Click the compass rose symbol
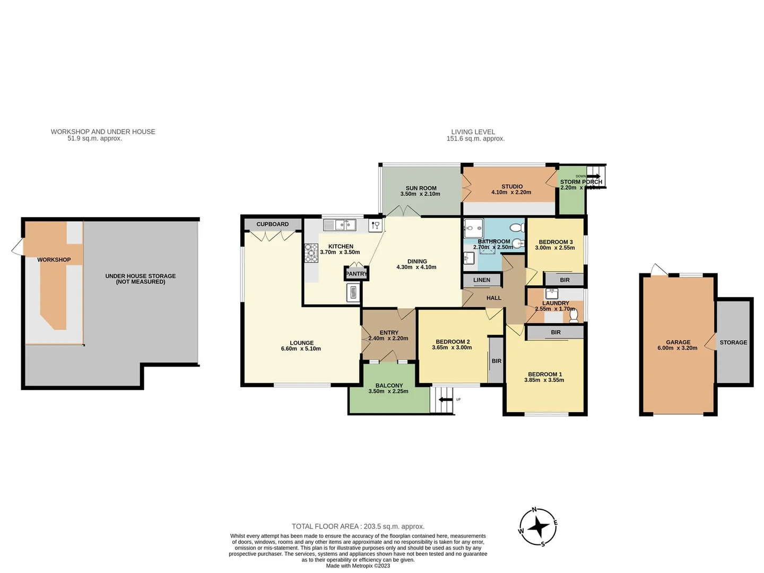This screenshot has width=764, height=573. tap(538, 527)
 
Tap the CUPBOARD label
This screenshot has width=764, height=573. tap(272, 224)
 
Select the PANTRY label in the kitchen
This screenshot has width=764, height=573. tap(356, 274)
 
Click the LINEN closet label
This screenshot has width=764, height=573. tap(482, 280)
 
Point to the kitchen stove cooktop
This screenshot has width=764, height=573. tap(310, 253)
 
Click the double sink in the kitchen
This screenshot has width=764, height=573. tap(345, 225)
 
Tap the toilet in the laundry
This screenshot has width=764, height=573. tap(574, 316)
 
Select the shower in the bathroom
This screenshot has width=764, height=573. tap(473, 228)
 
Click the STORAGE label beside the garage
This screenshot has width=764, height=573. tap(733, 343)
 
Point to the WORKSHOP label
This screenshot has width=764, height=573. tap(54, 260)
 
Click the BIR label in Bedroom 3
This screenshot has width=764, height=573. tap(565, 280)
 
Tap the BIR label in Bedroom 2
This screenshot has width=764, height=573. tap(496, 361)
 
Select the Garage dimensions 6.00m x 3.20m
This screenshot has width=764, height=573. tap(678, 348)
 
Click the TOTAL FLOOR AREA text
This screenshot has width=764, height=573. tap(358, 527)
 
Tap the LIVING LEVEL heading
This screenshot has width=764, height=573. tap(473, 132)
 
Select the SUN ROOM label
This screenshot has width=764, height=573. tap(421, 188)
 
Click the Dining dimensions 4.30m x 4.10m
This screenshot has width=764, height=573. tap(416, 267)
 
